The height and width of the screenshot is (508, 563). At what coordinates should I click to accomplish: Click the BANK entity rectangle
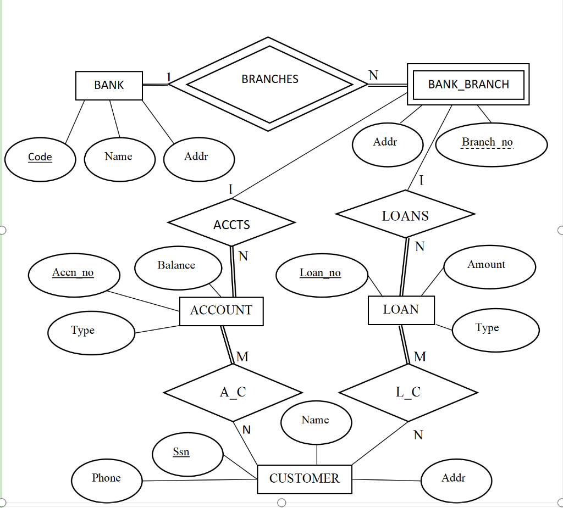click(x=109, y=85)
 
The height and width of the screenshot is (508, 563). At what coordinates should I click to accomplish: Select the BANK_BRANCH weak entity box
click(x=468, y=84)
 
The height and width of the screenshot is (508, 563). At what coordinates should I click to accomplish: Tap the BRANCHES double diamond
click(x=269, y=84)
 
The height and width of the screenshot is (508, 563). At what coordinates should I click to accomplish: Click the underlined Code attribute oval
click(x=40, y=158)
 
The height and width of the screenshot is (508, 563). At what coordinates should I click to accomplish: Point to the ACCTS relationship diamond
click(x=231, y=223)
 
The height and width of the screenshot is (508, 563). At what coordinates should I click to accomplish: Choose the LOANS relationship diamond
click(x=405, y=215)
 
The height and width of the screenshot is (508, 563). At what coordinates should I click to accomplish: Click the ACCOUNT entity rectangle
click(x=221, y=311)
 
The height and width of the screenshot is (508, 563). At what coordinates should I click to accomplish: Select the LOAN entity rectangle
click(x=401, y=310)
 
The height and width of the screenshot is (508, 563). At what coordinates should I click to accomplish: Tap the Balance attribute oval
click(x=177, y=267)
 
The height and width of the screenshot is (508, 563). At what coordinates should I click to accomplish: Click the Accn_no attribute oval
click(x=73, y=274)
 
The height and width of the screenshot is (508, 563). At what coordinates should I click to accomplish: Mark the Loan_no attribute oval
click(x=321, y=274)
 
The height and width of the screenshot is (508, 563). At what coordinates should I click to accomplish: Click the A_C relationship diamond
click(x=233, y=392)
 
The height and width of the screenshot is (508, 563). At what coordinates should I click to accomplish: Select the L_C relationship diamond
click(x=408, y=392)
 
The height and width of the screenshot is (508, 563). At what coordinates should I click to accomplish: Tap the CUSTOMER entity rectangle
click(x=304, y=479)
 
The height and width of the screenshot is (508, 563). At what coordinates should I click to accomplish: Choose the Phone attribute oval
click(x=107, y=479)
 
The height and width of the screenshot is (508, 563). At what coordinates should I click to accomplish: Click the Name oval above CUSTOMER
click(x=316, y=422)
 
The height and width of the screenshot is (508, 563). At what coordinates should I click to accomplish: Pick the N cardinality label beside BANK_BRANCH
click(x=373, y=75)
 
